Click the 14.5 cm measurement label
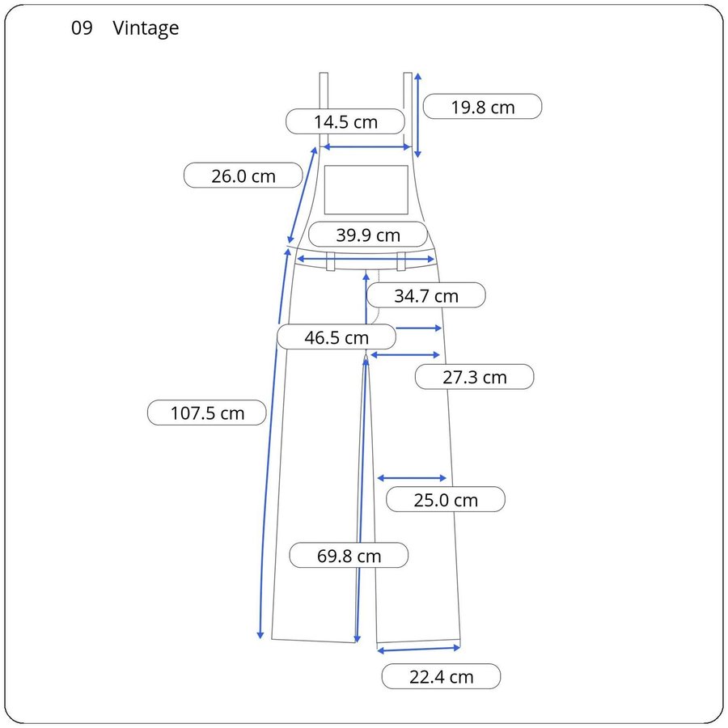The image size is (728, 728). [x=345, y=121]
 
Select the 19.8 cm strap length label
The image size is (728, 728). [x=482, y=107]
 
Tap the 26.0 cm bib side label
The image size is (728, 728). [x=243, y=176]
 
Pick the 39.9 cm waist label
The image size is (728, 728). [x=368, y=235]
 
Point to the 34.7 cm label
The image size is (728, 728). [x=426, y=295]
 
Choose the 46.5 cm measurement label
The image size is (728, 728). [x=336, y=337]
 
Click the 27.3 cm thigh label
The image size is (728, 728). [x=475, y=376]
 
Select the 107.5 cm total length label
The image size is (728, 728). [x=207, y=413]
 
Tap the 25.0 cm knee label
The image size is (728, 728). [x=446, y=500]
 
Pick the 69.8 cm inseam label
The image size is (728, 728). [x=349, y=555]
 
